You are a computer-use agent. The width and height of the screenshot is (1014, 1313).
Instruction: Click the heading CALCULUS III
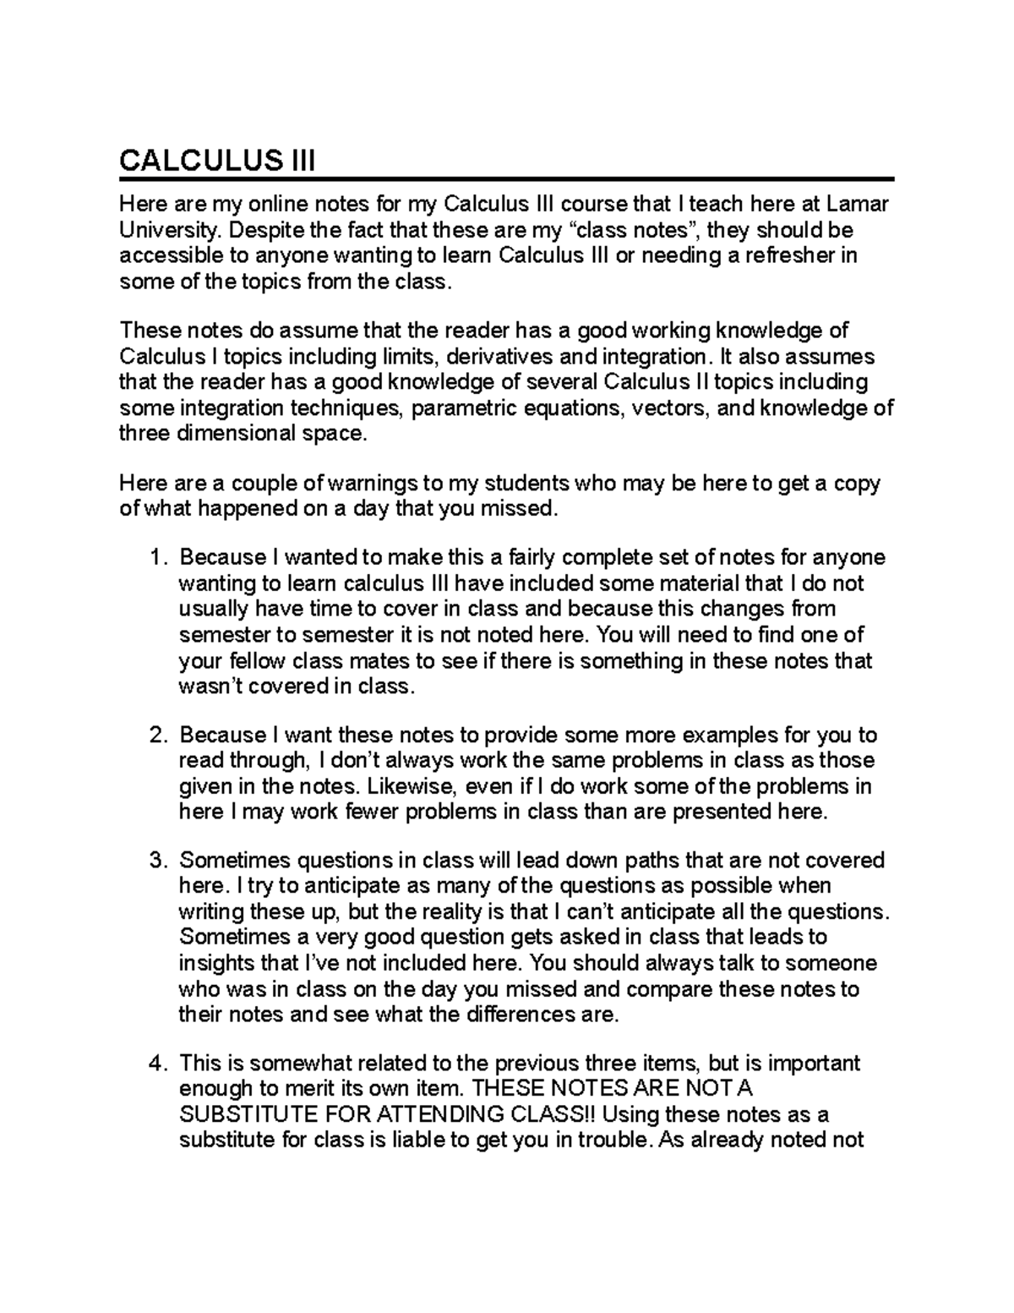pyautogui.click(x=217, y=160)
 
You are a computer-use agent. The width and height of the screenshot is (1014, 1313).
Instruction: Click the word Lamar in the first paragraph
pyautogui.click(x=858, y=205)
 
